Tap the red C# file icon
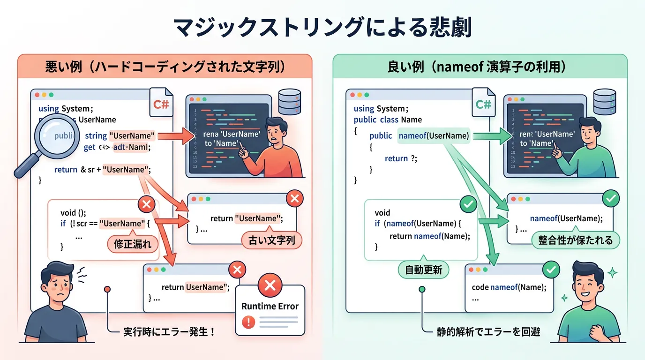pyautogui.click(x=161, y=104)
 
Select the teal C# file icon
pyautogui.click(x=484, y=104)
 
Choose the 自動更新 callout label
pyautogui.click(x=423, y=270)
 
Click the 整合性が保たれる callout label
pyautogui.click(x=575, y=240)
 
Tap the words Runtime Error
pyautogui.click(x=270, y=306)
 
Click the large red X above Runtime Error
pyautogui.click(x=270, y=285)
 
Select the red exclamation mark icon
pyautogui.click(x=248, y=322)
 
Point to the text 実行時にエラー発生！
pyautogui.click(x=170, y=332)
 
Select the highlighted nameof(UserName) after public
pyautogui.click(x=434, y=135)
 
